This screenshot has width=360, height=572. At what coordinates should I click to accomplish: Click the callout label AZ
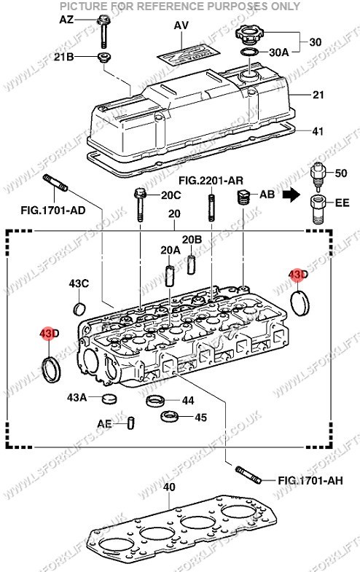point(66,20)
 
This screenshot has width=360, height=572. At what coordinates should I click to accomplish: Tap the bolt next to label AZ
point(103,31)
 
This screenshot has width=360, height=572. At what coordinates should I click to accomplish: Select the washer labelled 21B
point(104,58)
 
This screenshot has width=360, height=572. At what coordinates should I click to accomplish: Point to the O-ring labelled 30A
point(250,52)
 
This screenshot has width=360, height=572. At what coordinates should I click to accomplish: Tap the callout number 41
point(318,131)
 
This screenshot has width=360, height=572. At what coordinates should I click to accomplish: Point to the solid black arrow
point(292,195)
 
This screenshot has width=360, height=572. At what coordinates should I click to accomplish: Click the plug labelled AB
point(243,197)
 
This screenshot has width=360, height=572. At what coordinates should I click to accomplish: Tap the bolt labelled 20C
point(141,205)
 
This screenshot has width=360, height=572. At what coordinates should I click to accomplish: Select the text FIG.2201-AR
point(211,180)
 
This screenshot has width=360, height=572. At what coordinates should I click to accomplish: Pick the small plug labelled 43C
point(80,308)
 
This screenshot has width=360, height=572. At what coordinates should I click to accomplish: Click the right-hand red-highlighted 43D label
point(298,274)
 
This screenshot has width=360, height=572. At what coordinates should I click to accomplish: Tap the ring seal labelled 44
point(155,401)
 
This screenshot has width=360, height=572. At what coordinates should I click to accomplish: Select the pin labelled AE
point(131,423)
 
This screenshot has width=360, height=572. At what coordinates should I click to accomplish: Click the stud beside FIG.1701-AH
point(249,474)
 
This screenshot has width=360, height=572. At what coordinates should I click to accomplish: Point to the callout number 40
point(169,487)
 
